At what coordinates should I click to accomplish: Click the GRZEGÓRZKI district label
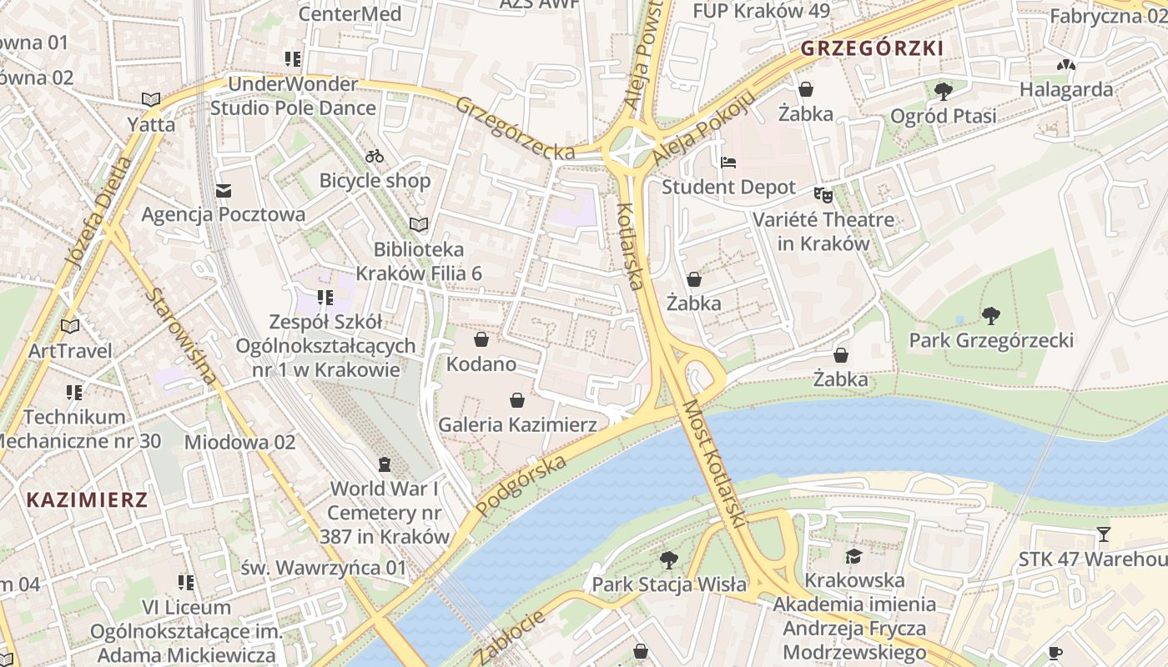click(x=872, y=48)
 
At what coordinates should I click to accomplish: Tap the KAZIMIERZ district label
click(x=87, y=500)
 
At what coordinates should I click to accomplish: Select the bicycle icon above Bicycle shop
click(x=375, y=156)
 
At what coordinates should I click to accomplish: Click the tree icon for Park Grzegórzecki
click(x=990, y=315)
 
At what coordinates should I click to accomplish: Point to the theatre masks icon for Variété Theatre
click(x=823, y=195)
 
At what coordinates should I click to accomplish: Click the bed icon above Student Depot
click(x=728, y=163)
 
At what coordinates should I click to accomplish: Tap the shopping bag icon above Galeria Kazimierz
click(x=517, y=400)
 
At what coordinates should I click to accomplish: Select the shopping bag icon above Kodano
click(x=481, y=339)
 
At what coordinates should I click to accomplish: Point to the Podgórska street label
click(x=522, y=484)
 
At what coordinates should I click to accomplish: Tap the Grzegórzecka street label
click(x=516, y=128)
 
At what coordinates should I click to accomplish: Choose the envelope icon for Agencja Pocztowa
click(x=223, y=191)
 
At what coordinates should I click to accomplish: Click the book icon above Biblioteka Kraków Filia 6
click(x=419, y=225)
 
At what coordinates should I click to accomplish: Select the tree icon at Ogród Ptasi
click(x=943, y=90)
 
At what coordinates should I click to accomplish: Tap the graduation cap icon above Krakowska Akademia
click(x=853, y=556)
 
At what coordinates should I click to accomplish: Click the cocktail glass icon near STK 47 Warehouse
click(x=1104, y=534)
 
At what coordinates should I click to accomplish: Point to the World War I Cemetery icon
click(x=385, y=464)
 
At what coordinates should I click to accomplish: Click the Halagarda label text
click(x=1066, y=89)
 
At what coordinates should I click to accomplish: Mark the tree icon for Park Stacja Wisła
click(x=668, y=559)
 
